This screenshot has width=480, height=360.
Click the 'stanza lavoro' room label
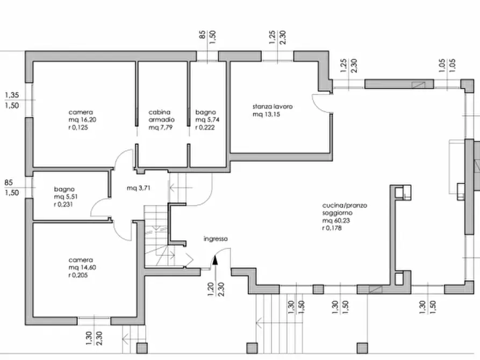click(273, 106)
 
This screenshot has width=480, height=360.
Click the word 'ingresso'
click(216, 239)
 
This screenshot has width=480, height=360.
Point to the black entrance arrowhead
click(215, 260)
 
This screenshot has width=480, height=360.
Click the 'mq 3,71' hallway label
click(138, 188)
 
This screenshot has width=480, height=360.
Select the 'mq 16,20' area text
click(82, 120)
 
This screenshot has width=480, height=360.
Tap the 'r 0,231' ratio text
click(63, 205)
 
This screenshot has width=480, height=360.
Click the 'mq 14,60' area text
click(82, 268)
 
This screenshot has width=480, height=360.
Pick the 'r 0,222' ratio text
click(205, 127)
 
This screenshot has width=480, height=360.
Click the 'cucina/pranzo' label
click(345, 205)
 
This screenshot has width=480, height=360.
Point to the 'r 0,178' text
click(332, 228)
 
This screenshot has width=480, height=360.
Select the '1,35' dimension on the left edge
click(12, 95)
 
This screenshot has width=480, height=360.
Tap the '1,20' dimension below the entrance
click(211, 289)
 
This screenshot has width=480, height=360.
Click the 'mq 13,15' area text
click(266, 114)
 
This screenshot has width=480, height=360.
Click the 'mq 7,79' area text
click(160, 127)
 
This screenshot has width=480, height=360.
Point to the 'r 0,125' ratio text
click(78, 127)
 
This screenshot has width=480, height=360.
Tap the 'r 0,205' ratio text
click(78, 275)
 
